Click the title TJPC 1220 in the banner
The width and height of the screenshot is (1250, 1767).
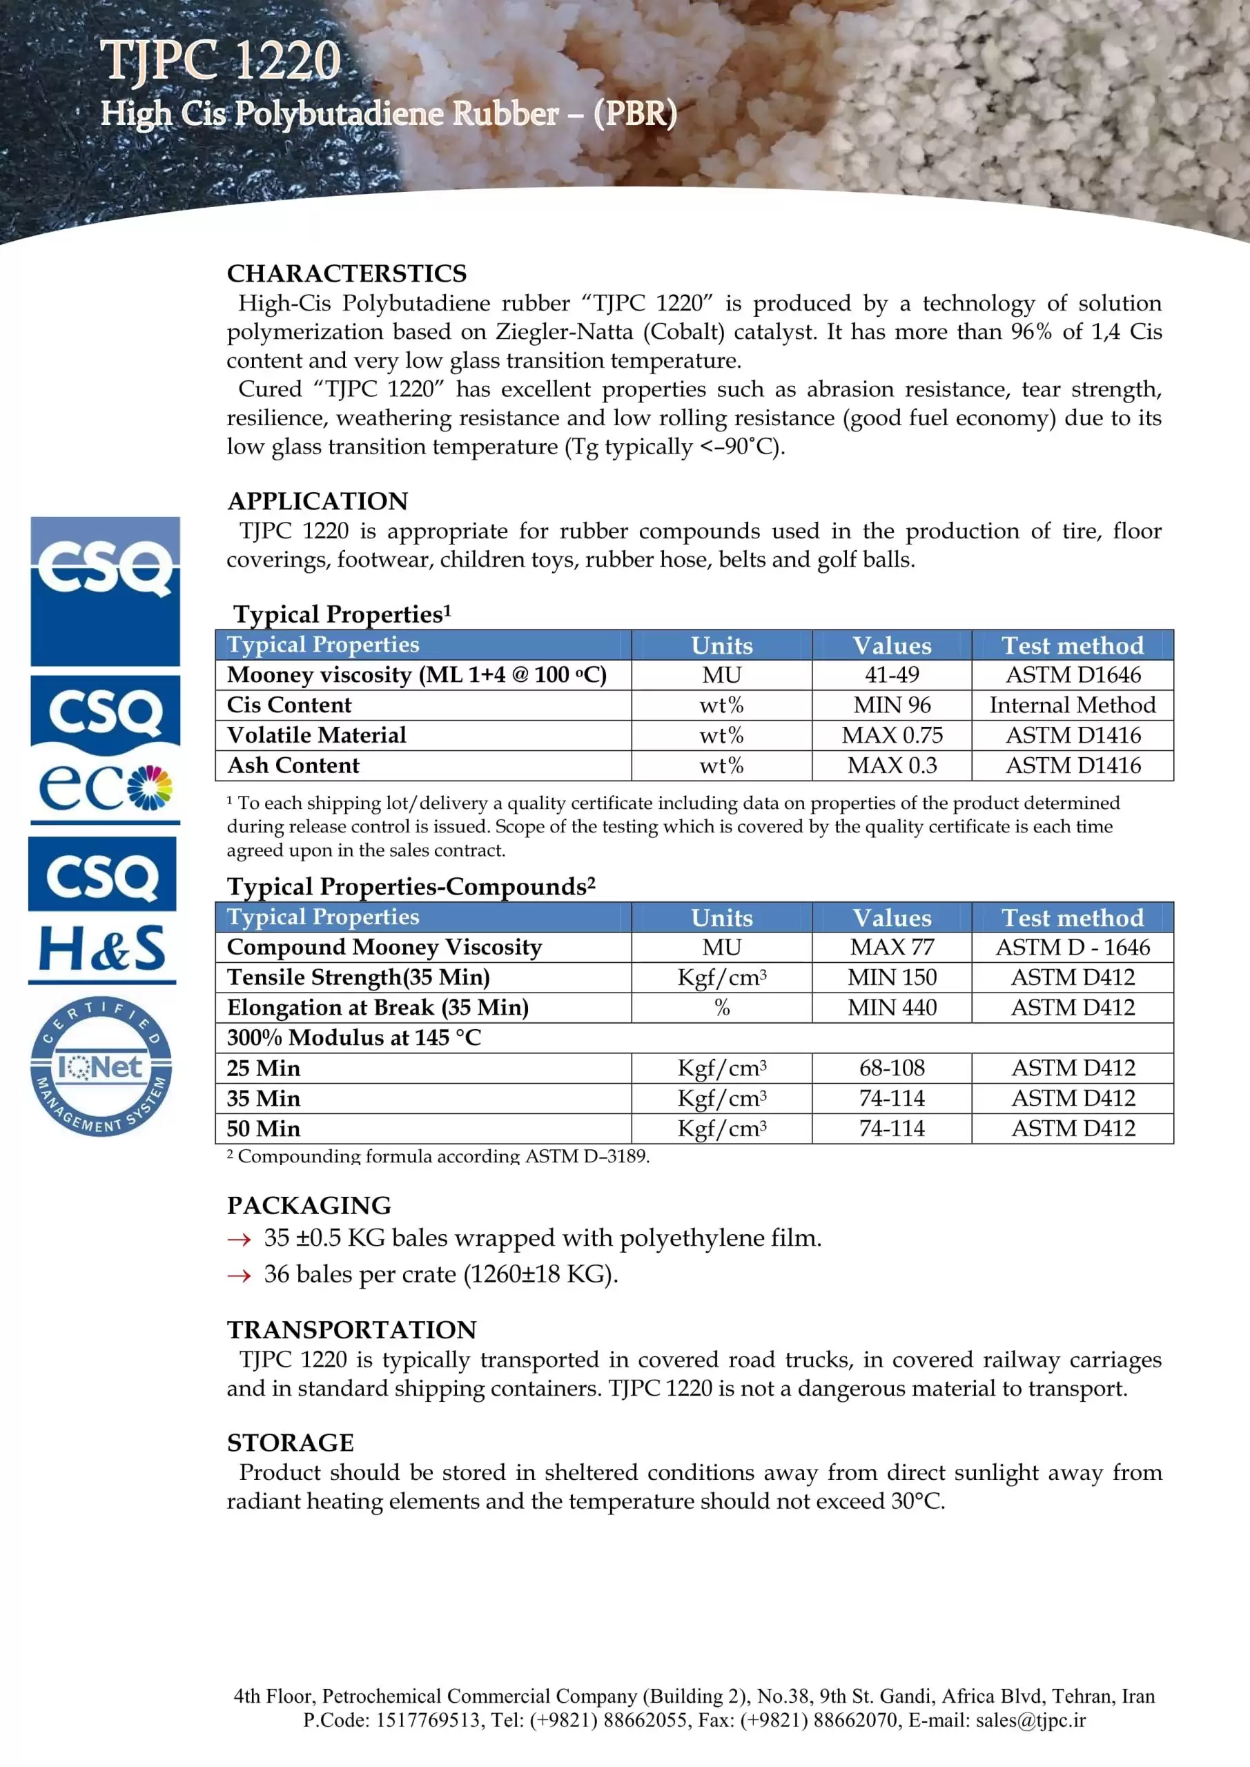221,60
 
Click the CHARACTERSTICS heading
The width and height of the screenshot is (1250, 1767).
346,273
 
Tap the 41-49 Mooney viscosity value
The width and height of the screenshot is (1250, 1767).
891,675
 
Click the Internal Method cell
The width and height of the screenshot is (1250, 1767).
1072,705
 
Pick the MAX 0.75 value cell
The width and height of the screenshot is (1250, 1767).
891,735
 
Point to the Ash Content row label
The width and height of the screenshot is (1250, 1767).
293,765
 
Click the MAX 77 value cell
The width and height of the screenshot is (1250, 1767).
891,946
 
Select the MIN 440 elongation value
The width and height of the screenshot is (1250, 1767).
891,1008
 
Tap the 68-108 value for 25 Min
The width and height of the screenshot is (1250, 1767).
891,1068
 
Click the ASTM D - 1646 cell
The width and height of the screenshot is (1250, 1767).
1072,946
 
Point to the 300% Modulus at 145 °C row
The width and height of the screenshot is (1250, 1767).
354,1037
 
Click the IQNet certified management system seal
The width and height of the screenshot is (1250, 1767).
101,1066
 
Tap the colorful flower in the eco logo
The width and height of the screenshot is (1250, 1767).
150,788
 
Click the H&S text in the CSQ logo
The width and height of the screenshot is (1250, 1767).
101,950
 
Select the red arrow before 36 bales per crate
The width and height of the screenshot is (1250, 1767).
240,1276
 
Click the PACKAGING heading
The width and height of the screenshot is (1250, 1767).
309,1205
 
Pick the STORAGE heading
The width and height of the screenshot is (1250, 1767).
290,1442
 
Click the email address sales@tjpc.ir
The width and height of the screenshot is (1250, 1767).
1030,1720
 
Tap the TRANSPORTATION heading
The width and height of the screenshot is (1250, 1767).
351,1330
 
